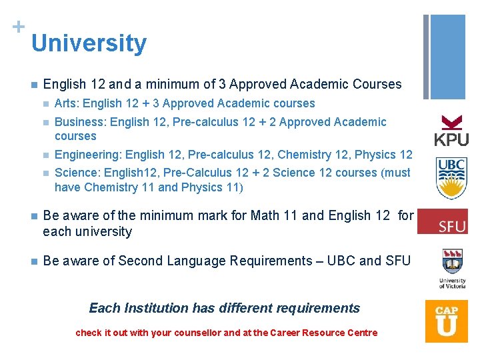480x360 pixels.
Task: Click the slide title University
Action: click(89, 43)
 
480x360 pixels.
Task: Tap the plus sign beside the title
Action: click(18, 27)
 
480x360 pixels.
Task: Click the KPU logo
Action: click(451, 131)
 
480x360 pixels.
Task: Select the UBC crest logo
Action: click(451, 178)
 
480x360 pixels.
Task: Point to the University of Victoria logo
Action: click(452, 268)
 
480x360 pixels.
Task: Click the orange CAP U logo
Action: click(447, 321)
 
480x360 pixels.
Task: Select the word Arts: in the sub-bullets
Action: click(68, 103)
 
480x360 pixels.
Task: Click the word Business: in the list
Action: click(81, 122)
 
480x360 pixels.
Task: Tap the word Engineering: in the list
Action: click(88, 155)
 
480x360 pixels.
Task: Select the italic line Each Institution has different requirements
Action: click(224, 308)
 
